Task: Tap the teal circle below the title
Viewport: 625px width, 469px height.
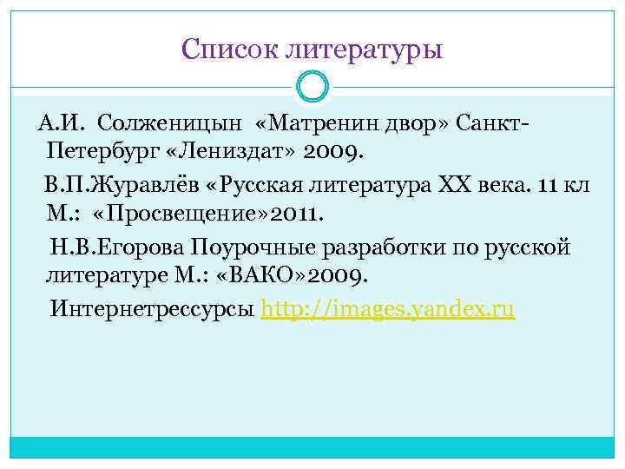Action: [312, 87]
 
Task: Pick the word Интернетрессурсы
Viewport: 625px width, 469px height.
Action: [153, 309]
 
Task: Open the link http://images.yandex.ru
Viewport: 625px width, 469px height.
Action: [388, 309]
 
